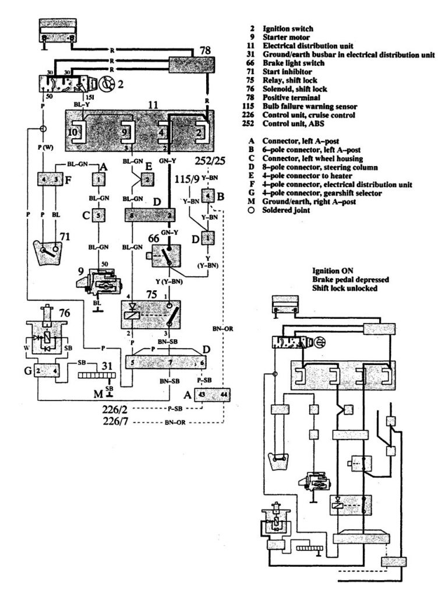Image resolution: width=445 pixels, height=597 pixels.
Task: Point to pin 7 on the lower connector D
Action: coord(169,362)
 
